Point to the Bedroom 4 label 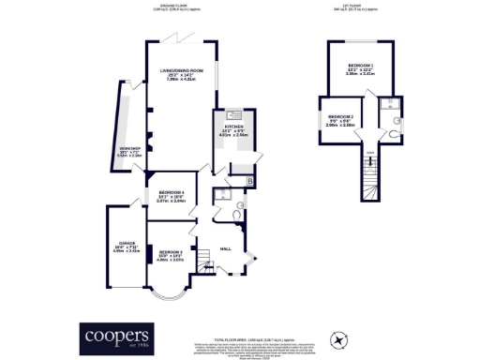click(x=172, y=195)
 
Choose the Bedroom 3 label click(x=170, y=253)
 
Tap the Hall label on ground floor click(x=225, y=248)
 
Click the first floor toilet click(x=397, y=120)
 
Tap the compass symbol click(x=339, y=337)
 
